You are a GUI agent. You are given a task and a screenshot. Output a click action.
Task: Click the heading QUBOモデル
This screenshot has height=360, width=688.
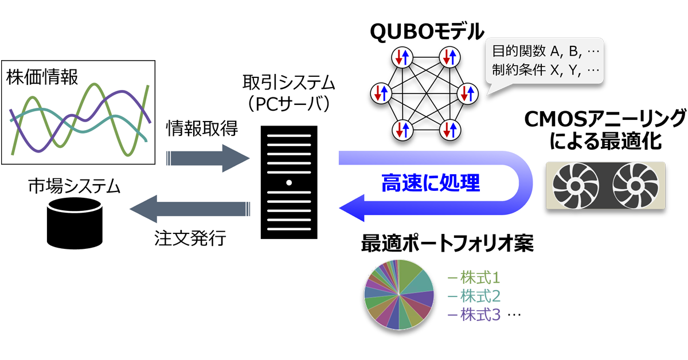(x=427, y=32)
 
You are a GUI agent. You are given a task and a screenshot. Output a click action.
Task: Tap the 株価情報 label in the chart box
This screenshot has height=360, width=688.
(x=42, y=77)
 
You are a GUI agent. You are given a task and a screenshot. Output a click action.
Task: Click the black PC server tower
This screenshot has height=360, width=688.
(x=289, y=182)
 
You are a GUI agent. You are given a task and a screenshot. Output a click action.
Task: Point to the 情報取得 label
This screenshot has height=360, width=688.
(x=202, y=128)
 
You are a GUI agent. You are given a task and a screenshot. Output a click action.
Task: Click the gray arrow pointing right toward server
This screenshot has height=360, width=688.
(x=208, y=158)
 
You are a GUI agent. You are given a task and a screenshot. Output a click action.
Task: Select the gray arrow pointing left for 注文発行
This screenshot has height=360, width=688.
(x=190, y=209)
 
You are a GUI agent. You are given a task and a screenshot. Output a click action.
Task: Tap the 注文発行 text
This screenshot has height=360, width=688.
(x=190, y=238)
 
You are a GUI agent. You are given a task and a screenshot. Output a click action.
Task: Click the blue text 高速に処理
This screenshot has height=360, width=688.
(x=431, y=183)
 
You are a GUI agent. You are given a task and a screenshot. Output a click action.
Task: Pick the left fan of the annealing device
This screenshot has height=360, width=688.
(x=575, y=186)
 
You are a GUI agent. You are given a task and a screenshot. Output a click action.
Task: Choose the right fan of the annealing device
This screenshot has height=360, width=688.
(x=635, y=186)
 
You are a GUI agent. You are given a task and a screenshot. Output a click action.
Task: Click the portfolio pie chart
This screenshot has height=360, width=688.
(x=398, y=295)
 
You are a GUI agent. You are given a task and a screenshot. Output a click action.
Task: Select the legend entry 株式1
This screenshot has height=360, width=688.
(x=474, y=277)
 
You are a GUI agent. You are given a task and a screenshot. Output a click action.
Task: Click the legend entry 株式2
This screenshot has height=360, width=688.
(x=474, y=296)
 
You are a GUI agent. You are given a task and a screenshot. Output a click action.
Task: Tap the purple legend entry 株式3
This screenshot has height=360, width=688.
(x=474, y=315)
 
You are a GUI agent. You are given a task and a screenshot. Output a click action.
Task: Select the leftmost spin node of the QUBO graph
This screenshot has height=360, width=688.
(x=381, y=93)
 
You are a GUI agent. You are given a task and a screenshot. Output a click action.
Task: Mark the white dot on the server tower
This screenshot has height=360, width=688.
(x=289, y=183)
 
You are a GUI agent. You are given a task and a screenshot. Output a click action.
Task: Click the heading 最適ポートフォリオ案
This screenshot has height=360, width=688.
(x=448, y=243)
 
